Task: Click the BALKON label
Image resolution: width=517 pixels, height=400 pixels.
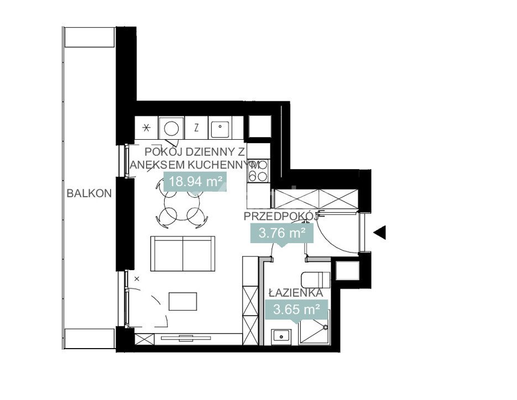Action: pos(89,193)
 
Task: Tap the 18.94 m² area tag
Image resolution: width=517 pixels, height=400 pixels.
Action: pos(195,182)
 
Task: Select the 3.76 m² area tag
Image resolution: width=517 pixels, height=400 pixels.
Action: pos(282,234)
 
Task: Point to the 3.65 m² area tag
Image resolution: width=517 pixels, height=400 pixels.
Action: pos(296,310)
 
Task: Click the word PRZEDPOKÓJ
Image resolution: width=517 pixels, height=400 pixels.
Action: pos(280,217)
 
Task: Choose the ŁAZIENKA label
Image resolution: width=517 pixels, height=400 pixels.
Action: pos(295,293)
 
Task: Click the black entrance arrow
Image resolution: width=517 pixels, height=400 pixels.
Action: pos(380,233)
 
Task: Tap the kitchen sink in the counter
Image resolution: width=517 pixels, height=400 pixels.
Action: pos(220,128)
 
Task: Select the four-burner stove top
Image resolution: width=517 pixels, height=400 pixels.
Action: pos(258,172)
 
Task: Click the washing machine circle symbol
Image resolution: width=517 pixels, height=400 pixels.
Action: pos(171,128)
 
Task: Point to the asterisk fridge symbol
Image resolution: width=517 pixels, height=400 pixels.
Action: pos(147,128)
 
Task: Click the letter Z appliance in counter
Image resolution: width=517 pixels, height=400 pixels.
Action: pos(196,128)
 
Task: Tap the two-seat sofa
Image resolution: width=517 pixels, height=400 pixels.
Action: pos(182,254)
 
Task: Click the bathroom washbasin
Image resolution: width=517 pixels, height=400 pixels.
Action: pos(281,336)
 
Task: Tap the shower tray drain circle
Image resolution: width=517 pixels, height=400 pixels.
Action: pos(325,328)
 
